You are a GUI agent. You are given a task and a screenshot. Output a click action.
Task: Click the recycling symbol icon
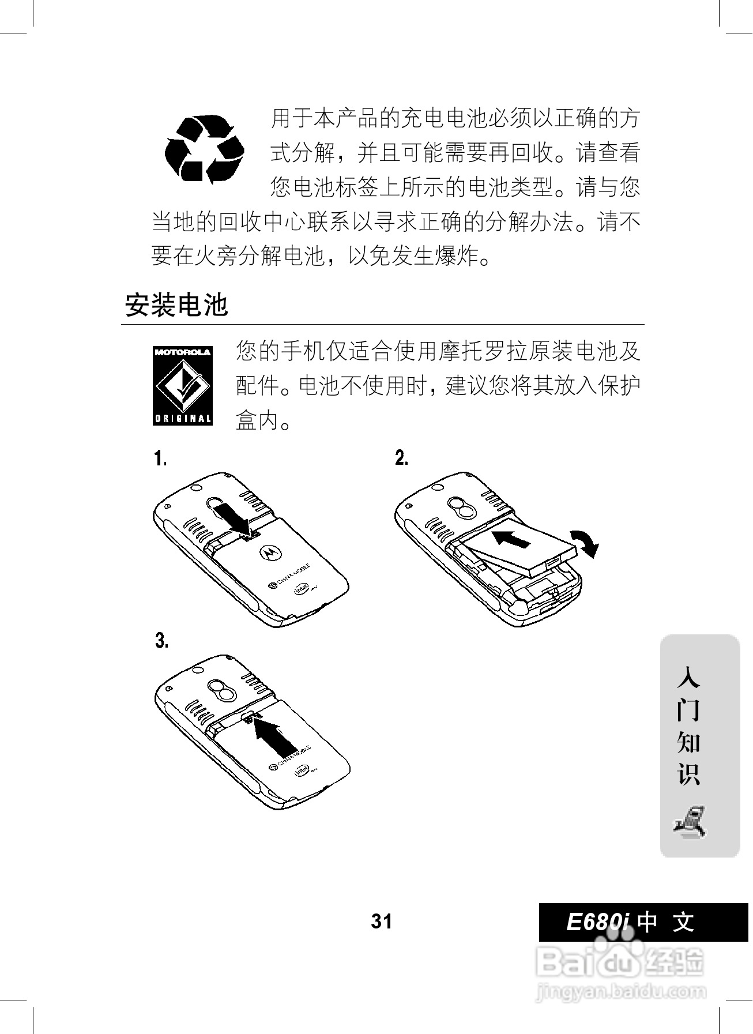coord(204,148)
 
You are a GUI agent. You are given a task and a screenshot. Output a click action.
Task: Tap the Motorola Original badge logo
coord(183,385)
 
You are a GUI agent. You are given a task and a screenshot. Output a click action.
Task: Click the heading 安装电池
coord(176,304)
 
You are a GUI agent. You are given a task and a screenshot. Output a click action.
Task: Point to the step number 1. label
coord(160,459)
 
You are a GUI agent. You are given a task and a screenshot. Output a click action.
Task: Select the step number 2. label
coord(402,458)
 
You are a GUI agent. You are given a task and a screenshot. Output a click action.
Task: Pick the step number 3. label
coord(161,640)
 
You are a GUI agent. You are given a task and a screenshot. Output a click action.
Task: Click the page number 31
coord(381,921)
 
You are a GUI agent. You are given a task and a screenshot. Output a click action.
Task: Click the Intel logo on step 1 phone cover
coord(301,591)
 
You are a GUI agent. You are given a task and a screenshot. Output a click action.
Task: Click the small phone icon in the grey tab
coord(691,821)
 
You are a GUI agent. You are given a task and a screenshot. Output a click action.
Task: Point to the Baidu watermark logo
coord(620,962)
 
